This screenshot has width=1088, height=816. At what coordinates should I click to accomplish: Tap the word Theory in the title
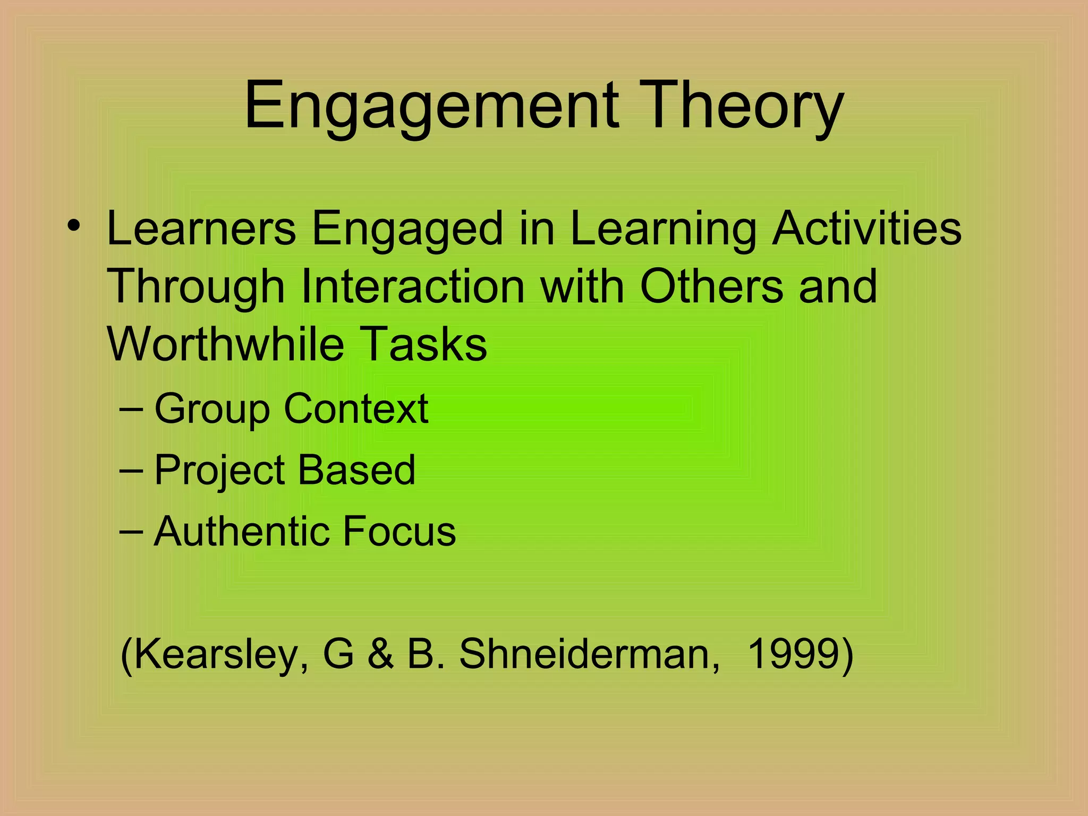click(744, 106)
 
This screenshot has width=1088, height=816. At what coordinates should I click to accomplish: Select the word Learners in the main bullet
click(201, 228)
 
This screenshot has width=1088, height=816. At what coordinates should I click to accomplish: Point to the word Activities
click(866, 228)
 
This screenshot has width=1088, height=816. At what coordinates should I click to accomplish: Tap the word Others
click(711, 287)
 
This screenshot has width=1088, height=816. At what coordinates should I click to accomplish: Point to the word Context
click(356, 409)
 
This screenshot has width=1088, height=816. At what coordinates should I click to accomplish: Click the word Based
click(356, 470)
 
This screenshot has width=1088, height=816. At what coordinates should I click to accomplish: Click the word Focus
click(399, 531)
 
